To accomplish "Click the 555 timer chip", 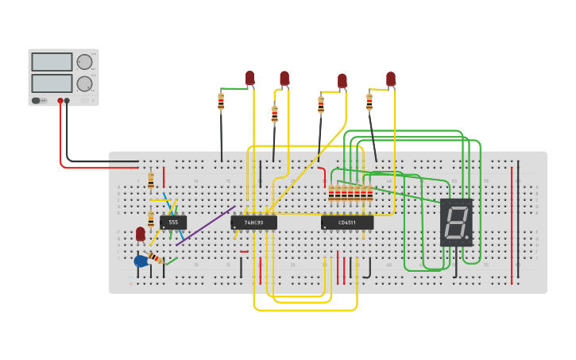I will click(x=173, y=223).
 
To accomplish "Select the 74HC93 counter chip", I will click(x=253, y=223).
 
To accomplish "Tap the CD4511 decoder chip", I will click(x=347, y=223).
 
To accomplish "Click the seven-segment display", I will click(x=456, y=222).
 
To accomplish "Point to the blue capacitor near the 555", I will click(x=141, y=261).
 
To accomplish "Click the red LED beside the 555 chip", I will click(x=141, y=234).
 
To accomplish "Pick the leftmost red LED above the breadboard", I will click(x=249, y=77).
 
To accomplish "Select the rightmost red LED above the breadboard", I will click(x=391, y=78).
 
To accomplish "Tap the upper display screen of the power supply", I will click(x=52, y=62).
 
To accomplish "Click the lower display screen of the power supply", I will click(x=52, y=83).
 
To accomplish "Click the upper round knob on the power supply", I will click(x=84, y=62).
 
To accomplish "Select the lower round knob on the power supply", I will click(x=84, y=83).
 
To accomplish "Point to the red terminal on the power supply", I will click(x=60, y=101).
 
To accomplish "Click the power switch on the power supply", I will click(x=37, y=101).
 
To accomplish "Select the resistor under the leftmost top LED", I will click(x=221, y=102).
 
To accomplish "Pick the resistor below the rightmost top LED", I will click(x=369, y=103).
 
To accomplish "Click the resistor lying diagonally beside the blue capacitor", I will click(x=156, y=258).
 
